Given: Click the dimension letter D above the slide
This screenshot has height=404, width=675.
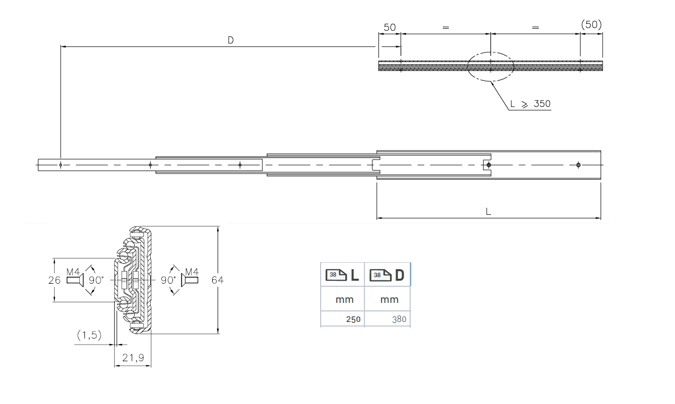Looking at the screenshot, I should pyautogui.click(x=230, y=40).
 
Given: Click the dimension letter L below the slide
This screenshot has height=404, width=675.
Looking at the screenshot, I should pyautogui.click(x=488, y=212).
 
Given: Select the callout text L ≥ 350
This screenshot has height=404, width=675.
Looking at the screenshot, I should pyautogui.click(x=530, y=104).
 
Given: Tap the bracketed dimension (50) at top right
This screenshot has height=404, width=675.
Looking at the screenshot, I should pyautogui.click(x=591, y=25).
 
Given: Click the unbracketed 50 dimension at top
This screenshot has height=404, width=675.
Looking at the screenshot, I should pyautogui.click(x=390, y=27).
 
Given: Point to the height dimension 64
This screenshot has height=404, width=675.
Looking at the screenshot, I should pyautogui.click(x=217, y=280).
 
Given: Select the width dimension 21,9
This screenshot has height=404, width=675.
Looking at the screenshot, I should pyautogui.click(x=133, y=358).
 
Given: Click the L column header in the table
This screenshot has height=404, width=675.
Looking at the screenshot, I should pyautogui.click(x=342, y=275).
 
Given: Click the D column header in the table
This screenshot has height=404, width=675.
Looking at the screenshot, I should pyautogui.click(x=388, y=275).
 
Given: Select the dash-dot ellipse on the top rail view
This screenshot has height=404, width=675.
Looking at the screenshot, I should pyautogui.click(x=490, y=66).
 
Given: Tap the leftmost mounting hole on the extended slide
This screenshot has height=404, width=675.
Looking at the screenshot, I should pyautogui.click(x=60, y=165).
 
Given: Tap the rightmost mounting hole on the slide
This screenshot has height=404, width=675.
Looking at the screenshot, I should pyautogui.click(x=579, y=165).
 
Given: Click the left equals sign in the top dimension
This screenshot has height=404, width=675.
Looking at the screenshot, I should pyautogui.click(x=445, y=28).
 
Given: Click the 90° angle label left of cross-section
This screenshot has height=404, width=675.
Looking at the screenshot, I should pyautogui.click(x=96, y=280).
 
